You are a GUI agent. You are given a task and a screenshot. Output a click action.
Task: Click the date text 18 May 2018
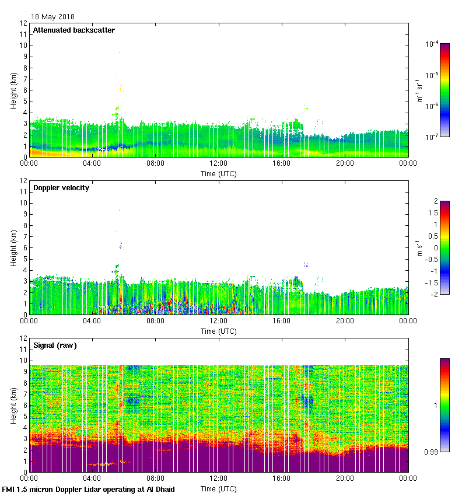pos(52,17)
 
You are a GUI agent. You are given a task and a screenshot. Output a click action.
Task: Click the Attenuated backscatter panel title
pos(73,30)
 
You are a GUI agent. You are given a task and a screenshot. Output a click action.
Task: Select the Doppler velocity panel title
pos(61,188)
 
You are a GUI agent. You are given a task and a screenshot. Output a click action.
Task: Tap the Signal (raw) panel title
pos(55,345)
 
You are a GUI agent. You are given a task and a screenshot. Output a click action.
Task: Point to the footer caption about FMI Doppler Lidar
pos(89,489)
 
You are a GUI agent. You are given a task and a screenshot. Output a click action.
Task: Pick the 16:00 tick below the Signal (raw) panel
pos(282,479)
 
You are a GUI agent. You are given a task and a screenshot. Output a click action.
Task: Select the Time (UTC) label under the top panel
pos(219,173)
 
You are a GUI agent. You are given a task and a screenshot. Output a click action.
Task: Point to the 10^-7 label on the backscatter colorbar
pos(432,137)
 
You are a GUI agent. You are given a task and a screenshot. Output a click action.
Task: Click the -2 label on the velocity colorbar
pos(434,294)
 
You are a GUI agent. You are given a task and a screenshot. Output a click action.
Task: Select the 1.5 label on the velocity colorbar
pos(433,213)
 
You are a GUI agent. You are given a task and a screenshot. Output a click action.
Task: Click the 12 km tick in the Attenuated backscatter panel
pos(23,23)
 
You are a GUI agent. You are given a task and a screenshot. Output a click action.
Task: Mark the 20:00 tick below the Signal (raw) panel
pos(345,479)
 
